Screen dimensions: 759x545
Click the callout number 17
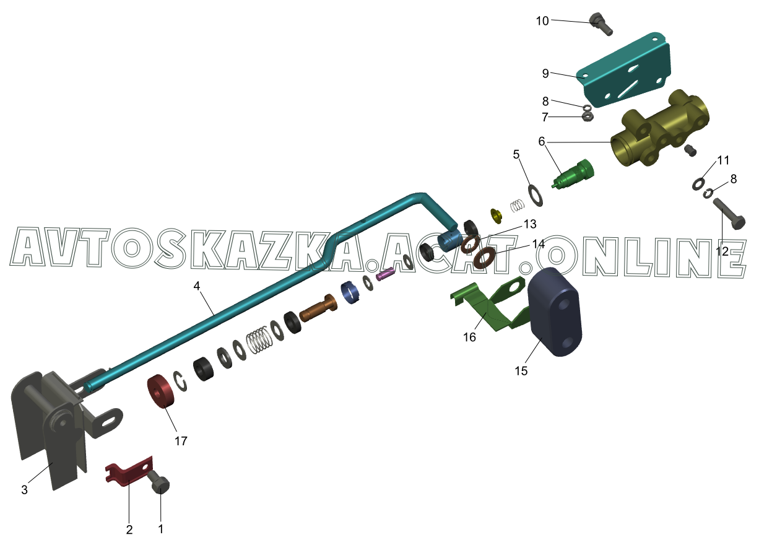pyautogui.click(x=181, y=441)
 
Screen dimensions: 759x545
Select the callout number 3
pyautogui.click(x=24, y=490)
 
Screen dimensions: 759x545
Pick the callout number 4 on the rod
pyautogui.click(x=196, y=286)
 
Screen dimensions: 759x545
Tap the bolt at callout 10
pyautogui.click(x=601, y=24)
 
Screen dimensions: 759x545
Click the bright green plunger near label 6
pyautogui.click(x=575, y=175)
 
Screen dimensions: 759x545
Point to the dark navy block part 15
pyautogui.click(x=556, y=312)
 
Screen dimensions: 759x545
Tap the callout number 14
pyautogui.click(x=538, y=244)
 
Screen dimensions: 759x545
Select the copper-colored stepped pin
pyautogui.click(x=318, y=308)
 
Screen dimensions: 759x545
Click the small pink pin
pyautogui.click(x=386, y=274)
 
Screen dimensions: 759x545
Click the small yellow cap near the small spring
pyautogui.click(x=496, y=216)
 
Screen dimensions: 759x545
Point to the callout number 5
pyautogui.click(x=516, y=155)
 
